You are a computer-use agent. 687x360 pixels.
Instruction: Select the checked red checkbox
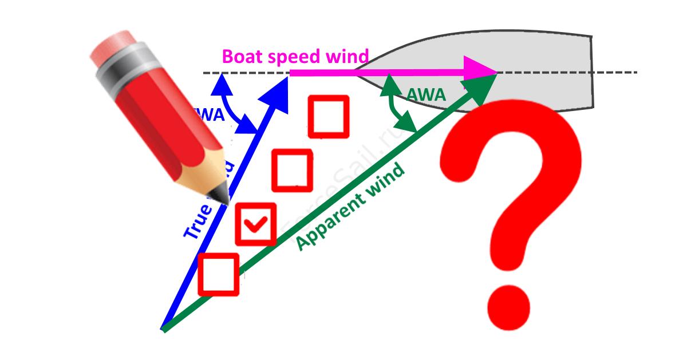tap(256, 224)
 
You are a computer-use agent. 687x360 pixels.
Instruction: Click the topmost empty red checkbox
tap(329, 116)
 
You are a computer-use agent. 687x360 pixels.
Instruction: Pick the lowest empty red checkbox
tap(218, 274)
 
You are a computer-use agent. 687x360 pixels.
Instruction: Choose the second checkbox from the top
tap(292, 170)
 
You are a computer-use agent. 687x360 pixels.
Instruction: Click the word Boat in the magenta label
tap(242, 57)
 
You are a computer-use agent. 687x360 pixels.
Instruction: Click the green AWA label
tap(425, 94)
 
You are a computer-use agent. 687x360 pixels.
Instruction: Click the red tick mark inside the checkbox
tap(256, 224)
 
